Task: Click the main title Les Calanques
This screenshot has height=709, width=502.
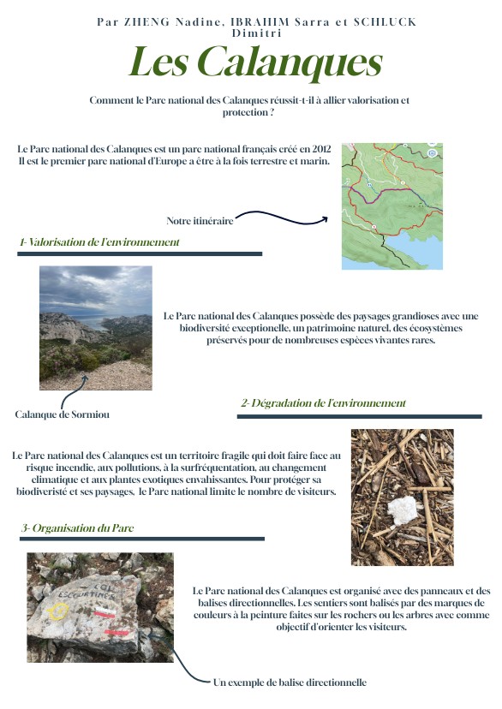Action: [x=255, y=63]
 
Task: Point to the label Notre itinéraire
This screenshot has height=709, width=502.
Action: [x=200, y=220]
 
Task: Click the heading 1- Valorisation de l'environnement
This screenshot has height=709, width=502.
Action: [x=99, y=242]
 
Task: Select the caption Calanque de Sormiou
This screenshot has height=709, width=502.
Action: [x=63, y=414]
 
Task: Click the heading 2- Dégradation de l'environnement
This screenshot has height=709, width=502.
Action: [x=323, y=402]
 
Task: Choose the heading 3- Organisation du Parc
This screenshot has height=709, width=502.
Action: [x=78, y=528]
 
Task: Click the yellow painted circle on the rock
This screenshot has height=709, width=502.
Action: [x=58, y=611]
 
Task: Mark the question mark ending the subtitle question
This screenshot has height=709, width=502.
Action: [x=273, y=112]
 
